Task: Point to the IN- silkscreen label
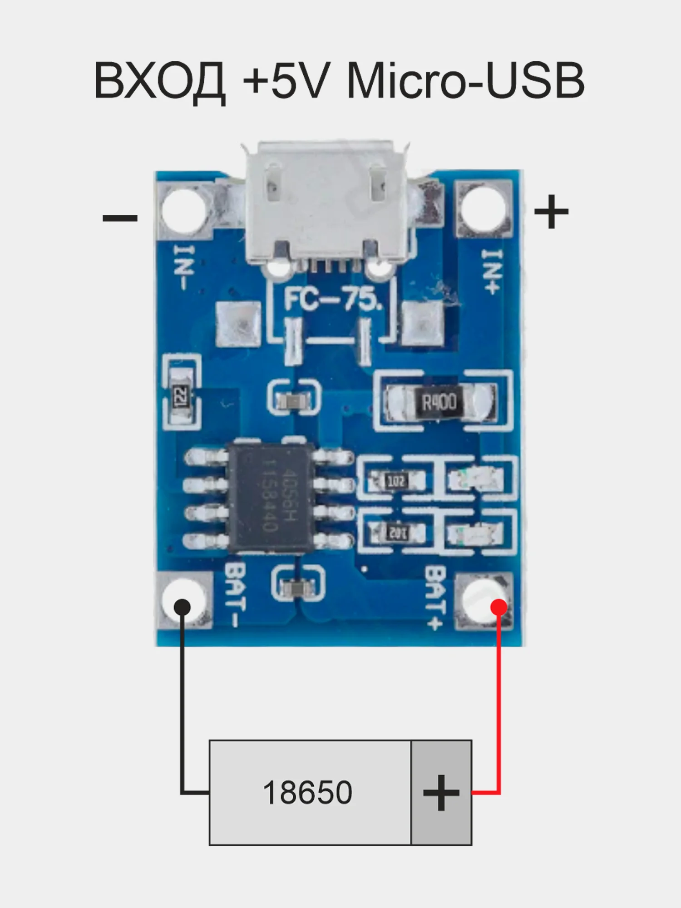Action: (x=184, y=268)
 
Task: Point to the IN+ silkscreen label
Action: (x=492, y=271)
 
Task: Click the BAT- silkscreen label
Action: (x=236, y=595)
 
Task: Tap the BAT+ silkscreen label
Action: (x=434, y=597)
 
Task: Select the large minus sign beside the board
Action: (x=120, y=218)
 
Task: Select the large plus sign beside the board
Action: (x=551, y=212)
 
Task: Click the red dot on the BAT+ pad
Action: (x=499, y=607)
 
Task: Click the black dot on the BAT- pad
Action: (x=183, y=607)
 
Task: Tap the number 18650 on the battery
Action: (x=308, y=793)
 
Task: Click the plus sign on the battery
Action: (x=441, y=793)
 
